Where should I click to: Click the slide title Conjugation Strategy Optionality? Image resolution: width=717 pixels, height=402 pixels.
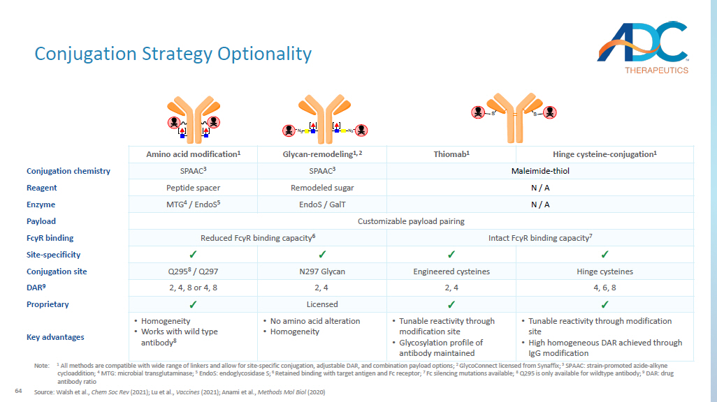(x=173, y=54)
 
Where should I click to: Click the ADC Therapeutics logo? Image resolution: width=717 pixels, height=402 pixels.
(x=642, y=46)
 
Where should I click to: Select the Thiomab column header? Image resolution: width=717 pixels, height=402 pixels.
(x=451, y=154)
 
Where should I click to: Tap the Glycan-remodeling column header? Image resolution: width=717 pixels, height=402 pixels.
(x=321, y=154)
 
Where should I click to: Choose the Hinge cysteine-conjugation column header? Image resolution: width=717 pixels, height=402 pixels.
(x=604, y=154)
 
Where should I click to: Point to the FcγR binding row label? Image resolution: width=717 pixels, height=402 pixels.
(x=51, y=238)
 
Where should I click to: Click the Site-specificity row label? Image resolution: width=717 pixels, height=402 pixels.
(x=53, y=255)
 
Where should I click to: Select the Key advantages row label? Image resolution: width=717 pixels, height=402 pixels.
(x=55, y=337)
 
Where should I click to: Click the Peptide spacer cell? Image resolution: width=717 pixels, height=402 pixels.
(x=193, y=188)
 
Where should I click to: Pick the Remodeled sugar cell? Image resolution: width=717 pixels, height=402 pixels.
(x=321, y=188)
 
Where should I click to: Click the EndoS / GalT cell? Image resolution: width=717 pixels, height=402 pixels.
(x=321, y=204)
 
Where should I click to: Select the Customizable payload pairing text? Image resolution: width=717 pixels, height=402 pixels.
(x=411, y=221)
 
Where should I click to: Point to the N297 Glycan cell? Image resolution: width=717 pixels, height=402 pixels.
(x=321, y=271)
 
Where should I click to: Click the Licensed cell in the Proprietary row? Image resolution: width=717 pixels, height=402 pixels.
(x=321, y=304)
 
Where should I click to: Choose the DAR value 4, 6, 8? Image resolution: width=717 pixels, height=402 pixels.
(x=604, y=288)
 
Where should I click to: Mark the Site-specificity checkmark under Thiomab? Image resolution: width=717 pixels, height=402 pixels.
(x=451, y=255)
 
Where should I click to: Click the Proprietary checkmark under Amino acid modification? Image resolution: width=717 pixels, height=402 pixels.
(x=193, y=304)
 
